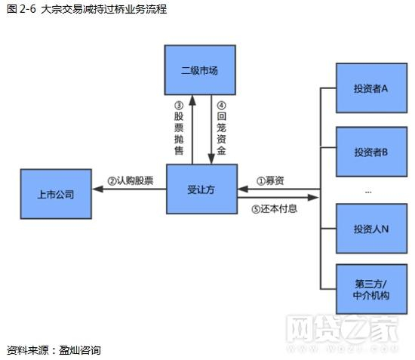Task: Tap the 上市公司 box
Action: (56, 194)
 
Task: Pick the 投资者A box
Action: (370, 88)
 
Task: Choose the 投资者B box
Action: (370, 151)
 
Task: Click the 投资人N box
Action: (370, 229)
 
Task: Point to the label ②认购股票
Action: (130, 181)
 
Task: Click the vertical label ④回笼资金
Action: (221, 128)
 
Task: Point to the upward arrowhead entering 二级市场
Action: (192, 99)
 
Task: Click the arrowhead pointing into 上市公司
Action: (96, 189)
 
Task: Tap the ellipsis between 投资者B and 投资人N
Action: (368, 192)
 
